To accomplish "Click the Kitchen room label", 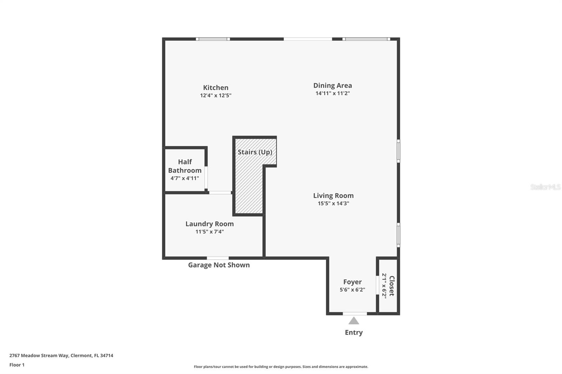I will pyautogui.click(x=216, y=88).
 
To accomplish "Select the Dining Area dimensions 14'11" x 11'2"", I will pyautogui.click(x=332, y=93).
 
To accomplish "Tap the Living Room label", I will pyautogui.click(x=333, y=196).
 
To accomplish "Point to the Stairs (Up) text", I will pyautogui.click(x=255, y=152).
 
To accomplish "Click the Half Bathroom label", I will pyautogui.click(x=185, y=166).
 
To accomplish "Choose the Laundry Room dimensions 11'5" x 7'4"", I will pyautogui.click(x=210, y=232).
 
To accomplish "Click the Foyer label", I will pyautogui.click(x=352, y=282).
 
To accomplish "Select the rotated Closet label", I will pyautogui.click(x=392, y=286).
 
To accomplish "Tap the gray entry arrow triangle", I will pyautogui.click(x=354, y=321).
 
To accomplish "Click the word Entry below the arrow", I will pyautogui.click(x=354, y=332).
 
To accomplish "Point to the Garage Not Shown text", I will pyautogui.click(x=219, y=265).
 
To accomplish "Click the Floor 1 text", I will pyautogui.click(x=17, y=365).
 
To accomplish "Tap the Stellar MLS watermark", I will pyautogui.click(x=545, y=187).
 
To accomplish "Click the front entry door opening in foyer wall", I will pyautogui.click(x=355, y=313).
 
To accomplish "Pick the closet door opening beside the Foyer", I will pyautogui.click(x=377, y=285).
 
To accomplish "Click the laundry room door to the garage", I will pyautogui.click(x=218, y=258).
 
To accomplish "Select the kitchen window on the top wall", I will pyautogui.click(x=213, y=39).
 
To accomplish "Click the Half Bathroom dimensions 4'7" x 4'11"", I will pyautogui.click(x=185, y=178).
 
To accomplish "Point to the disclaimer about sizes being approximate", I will pyautogui.click(x=281, y=367).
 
